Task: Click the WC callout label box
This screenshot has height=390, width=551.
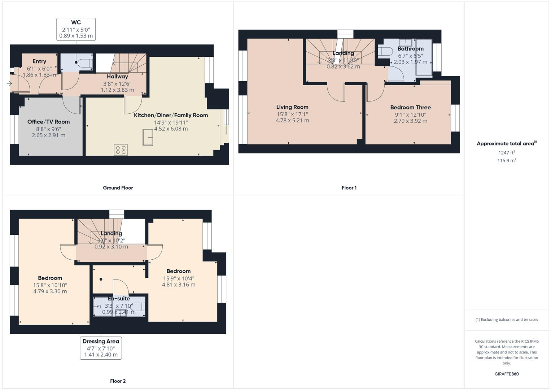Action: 76,29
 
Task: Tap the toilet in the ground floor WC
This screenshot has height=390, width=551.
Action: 85,62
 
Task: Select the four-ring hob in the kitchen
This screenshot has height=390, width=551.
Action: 121,149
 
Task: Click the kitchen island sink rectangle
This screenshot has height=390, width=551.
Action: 147,137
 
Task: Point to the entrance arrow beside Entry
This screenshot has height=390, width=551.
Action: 9,83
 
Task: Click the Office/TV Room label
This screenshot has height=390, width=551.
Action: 48,122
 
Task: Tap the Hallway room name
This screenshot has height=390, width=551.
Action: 117,77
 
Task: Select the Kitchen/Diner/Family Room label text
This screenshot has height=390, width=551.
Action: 171,115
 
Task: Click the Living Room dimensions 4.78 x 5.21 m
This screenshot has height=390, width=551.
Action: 292,121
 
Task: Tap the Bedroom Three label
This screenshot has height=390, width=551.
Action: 410,107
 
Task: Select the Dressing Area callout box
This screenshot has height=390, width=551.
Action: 101,348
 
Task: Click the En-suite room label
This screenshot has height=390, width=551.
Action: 119,299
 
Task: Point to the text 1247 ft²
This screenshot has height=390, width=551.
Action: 507,153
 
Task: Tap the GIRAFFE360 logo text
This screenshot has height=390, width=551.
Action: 507,374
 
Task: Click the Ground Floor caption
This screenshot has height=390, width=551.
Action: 118,188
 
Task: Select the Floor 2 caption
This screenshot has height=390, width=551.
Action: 118,381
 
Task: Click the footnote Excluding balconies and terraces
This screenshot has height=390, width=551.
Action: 507,320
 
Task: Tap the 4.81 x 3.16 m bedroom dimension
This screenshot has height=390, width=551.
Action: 179,285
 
